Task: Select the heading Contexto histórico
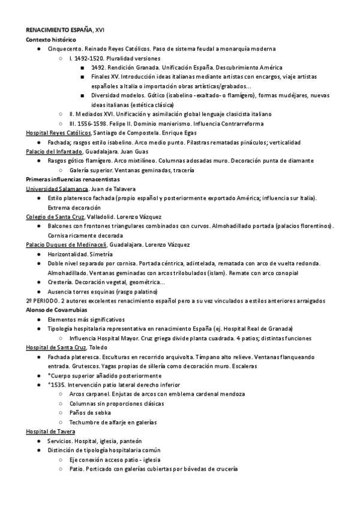pos(52,39)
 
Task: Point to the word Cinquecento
pos(65,49)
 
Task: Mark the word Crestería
pos(61,282)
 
